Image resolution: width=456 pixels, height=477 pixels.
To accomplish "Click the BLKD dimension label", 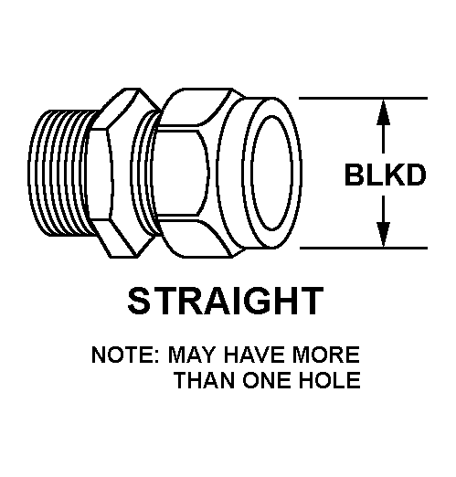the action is (385, 175).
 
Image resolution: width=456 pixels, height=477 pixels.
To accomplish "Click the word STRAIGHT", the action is (226, 301).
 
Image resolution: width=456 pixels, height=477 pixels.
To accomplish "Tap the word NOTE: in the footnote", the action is (125, 355).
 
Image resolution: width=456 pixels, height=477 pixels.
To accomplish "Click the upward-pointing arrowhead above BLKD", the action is (383, 112).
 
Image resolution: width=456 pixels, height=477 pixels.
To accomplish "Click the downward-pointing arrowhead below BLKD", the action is (383, 235).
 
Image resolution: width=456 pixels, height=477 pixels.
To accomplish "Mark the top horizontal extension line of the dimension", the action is (363, 99).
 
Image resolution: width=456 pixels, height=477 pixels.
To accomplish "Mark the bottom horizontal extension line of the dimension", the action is (364, 249).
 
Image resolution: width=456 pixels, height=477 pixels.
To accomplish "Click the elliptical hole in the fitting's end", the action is (271, 173).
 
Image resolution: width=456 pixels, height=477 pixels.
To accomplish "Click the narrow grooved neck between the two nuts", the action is (143, 173).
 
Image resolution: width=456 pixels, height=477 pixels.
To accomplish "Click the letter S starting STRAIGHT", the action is (140, 301).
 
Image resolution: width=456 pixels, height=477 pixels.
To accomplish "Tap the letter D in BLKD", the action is (415, 175).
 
